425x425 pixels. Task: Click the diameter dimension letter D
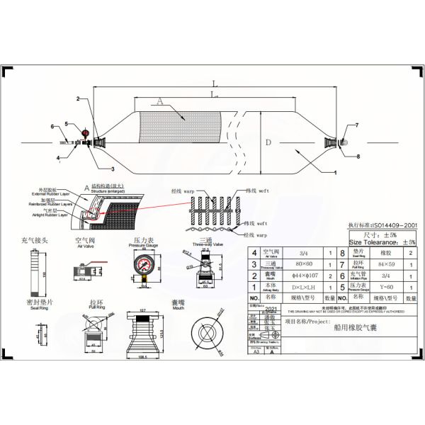tap(268, 142)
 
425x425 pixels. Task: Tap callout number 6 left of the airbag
tap(52, 126)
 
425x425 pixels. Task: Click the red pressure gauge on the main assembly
tap(85, 132)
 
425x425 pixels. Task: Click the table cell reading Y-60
tap(385, 287)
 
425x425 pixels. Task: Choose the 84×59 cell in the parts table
tap(385, 263)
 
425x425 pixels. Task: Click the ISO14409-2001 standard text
tap(382, 225)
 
